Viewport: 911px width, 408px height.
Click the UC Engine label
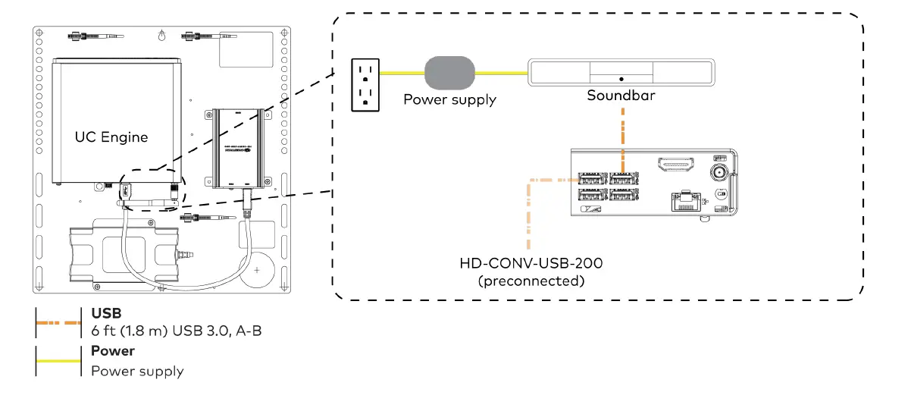click(111, 137)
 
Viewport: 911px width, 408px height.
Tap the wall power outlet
click(365, 84)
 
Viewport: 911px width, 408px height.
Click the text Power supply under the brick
click(449, 99)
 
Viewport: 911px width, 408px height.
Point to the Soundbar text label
click(619, 96)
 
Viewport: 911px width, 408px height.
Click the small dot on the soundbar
click(621, 79)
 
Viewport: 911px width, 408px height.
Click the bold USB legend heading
click(105, 313)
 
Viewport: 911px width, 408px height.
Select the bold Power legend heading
click(112, 351)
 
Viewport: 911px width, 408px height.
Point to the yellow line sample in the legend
click(58, 361)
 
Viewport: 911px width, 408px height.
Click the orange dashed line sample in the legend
click(58, 322)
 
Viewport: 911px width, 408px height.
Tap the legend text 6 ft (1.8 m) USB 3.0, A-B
click(176, 332)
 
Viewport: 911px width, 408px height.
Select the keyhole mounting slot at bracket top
click(161, 35)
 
